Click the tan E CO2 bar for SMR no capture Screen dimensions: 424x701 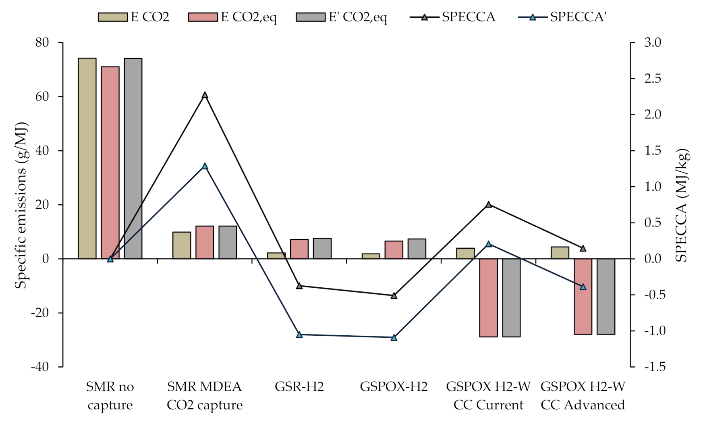[x=87, y=158]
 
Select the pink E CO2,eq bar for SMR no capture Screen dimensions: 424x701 [x=110, y=161]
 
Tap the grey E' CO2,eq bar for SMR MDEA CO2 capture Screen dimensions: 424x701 [x=228, y=242]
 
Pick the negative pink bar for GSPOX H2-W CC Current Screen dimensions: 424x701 [x=488, y=297]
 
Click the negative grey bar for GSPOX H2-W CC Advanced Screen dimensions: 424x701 [x=606, y=296]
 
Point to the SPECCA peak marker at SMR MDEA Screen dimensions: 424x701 [x=205, y=95]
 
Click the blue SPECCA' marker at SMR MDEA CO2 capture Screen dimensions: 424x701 [x=205, y=166]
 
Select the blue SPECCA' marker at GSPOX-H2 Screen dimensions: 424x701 [x=394, y=337]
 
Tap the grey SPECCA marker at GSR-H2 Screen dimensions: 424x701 [x=299, y=286]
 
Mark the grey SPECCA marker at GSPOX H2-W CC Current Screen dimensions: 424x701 [x=489, y=204]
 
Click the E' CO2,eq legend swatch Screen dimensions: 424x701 [x=310, y=17]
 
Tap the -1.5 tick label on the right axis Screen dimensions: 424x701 [x=655, y=367]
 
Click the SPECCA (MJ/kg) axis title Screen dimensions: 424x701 [x=681, y=206]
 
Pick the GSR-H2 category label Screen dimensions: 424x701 [x=299, y=387]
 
